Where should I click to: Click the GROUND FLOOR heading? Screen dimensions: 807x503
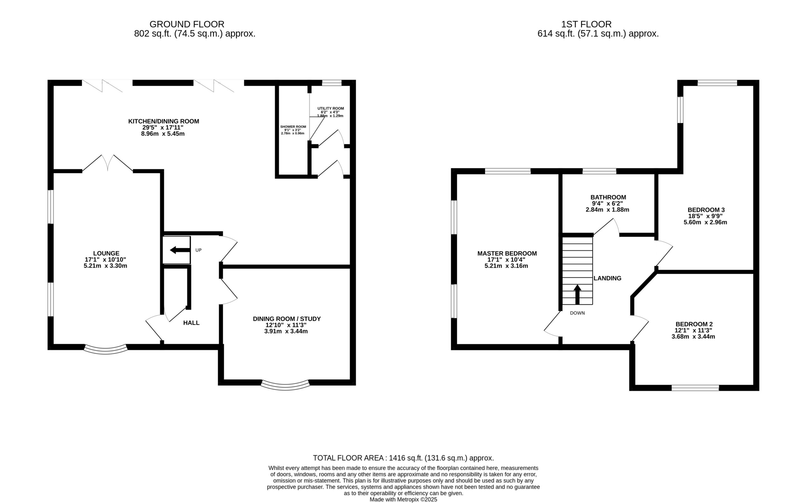point(187,24)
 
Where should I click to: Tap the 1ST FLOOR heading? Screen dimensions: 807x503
point(586,24)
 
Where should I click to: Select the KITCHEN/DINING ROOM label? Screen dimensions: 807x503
point(164,121)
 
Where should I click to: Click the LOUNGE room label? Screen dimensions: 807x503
point(106,253)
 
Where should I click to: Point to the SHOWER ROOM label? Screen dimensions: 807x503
point(293,127)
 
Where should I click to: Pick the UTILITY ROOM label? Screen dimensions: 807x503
point(331,108)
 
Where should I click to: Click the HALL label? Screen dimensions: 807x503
point(191,323)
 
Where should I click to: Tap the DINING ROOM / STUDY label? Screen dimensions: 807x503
point(287,319)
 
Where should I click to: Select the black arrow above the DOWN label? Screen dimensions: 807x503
point(578,294)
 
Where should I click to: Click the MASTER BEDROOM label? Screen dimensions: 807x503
point(507,253)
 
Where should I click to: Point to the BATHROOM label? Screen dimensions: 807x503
point(608,197)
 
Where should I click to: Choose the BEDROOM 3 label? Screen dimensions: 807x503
point(706,210)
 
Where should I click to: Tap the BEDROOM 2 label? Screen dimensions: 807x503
point(694,324)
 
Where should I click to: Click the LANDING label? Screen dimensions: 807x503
point(607,278)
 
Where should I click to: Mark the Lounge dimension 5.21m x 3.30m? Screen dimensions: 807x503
point(106,266)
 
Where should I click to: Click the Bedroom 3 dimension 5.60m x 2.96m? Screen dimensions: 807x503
point(705,222)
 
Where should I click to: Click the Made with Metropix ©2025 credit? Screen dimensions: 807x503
point(403,499)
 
